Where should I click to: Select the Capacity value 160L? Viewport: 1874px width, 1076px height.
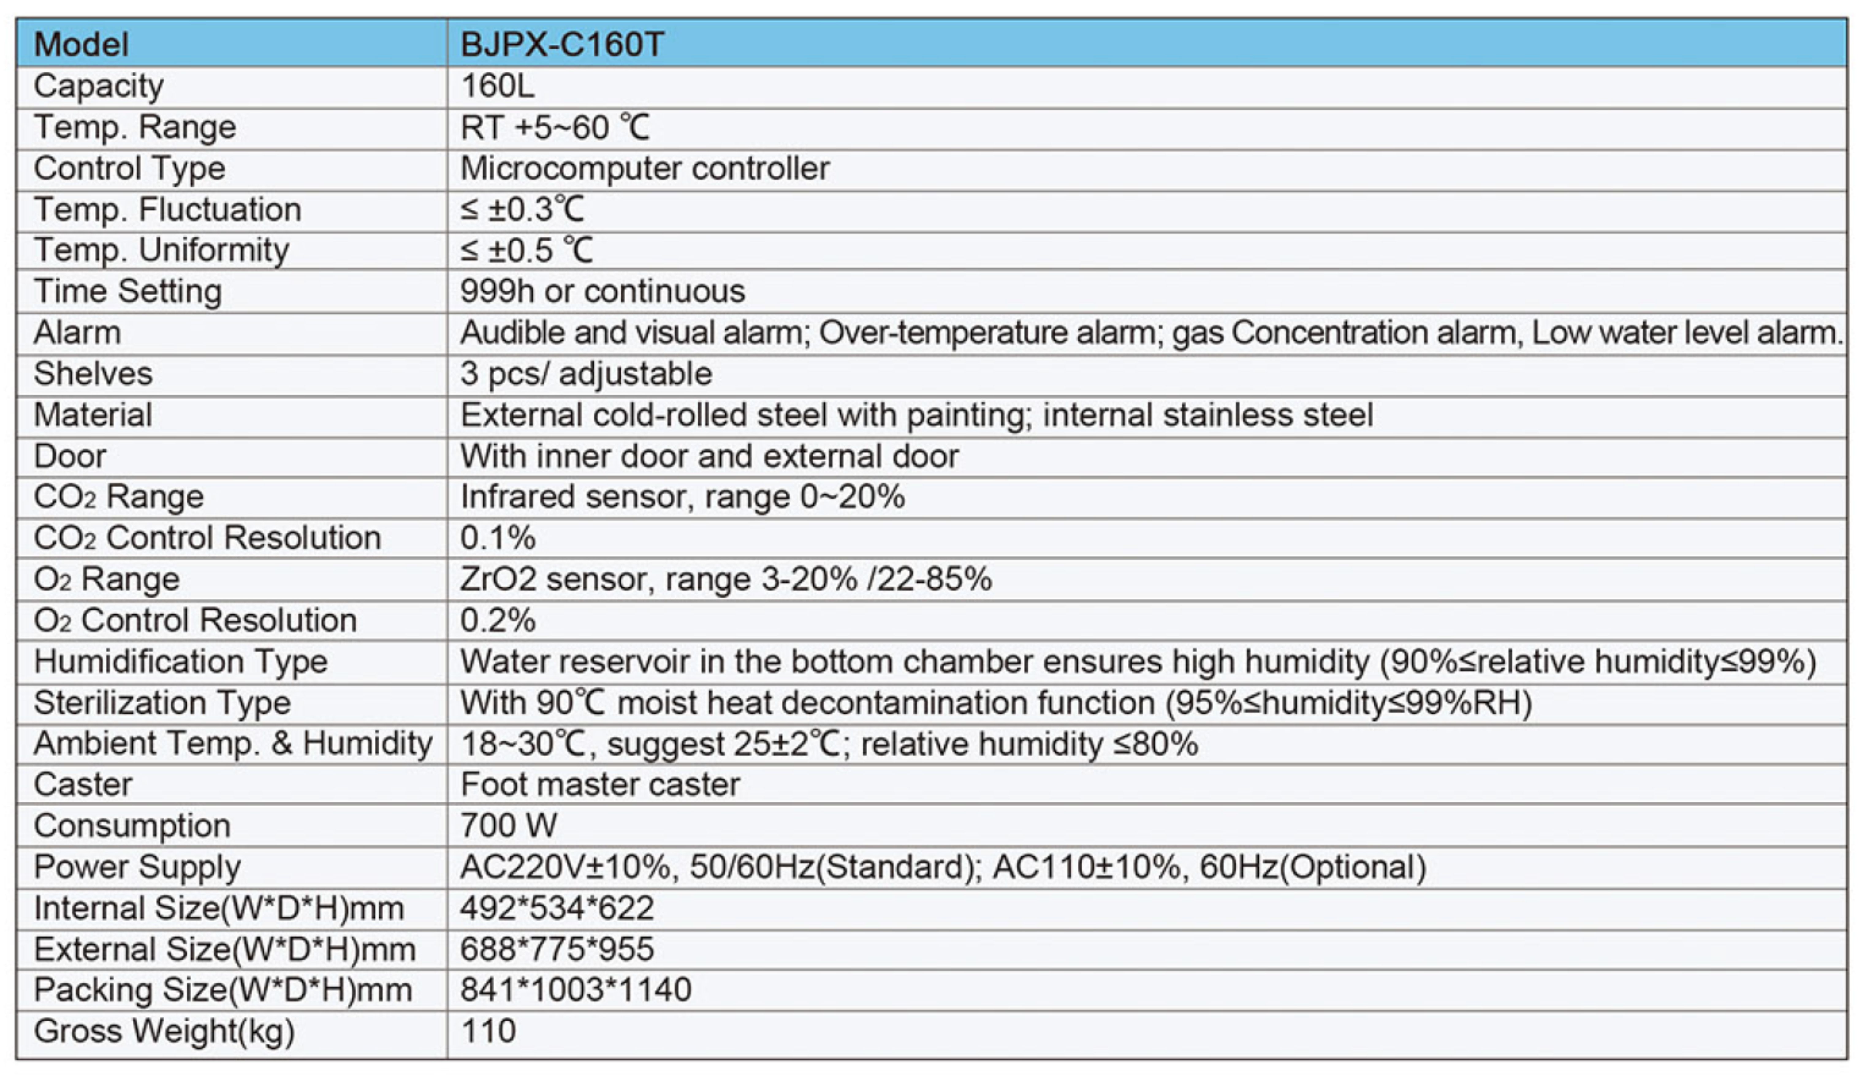(x=497, y=86)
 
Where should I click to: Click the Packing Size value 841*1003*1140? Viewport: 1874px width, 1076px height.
(x=576, y=990)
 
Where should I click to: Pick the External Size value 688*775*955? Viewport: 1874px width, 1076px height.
(x=557, y=949)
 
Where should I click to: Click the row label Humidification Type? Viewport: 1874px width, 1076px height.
(x=180, y=662)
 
